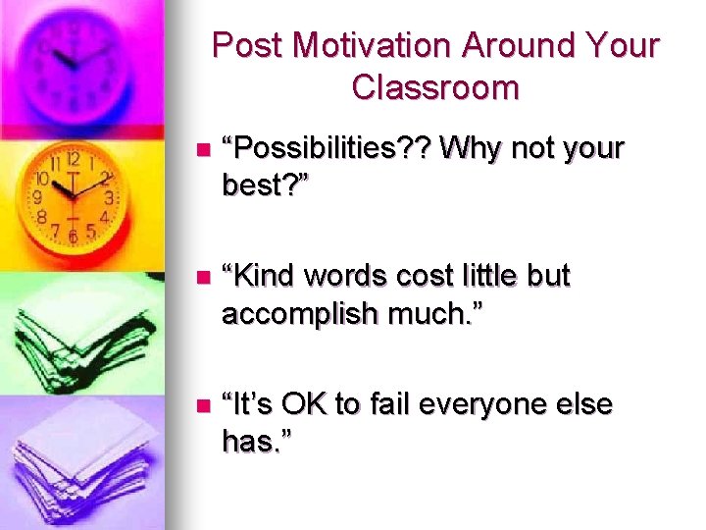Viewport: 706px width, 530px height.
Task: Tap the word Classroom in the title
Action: click(435, 88)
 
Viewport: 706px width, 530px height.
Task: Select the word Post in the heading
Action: click(247, 46)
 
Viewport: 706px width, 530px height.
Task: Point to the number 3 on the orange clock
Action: click(109, 197)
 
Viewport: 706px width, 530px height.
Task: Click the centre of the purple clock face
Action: click(76, 61)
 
